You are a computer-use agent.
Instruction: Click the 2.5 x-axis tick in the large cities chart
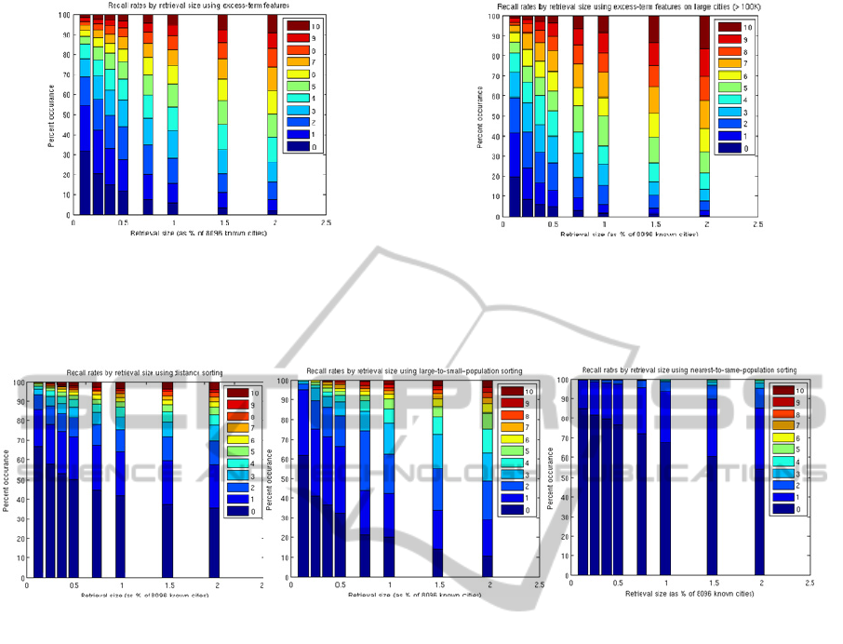757,224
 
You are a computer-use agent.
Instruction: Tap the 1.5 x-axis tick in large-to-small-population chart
437,584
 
